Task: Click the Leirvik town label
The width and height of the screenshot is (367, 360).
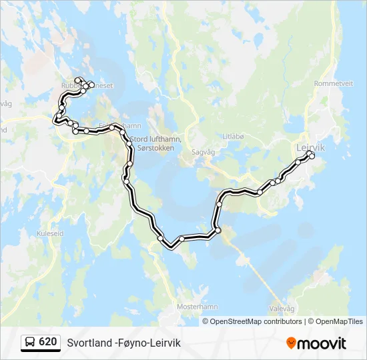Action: [310, 147]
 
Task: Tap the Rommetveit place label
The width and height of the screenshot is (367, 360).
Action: [333, 83]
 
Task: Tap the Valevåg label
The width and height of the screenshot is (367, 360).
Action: [281, 309]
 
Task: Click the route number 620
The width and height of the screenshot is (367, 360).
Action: [47, 342]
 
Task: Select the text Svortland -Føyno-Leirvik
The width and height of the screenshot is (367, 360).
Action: [123, 343]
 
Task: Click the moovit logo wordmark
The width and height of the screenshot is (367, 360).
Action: [322, 343]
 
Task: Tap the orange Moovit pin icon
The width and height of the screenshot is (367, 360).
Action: [291, 343]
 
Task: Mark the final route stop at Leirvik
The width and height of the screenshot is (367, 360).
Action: [312, 157]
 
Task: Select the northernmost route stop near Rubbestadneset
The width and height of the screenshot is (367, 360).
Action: [78, 80]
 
